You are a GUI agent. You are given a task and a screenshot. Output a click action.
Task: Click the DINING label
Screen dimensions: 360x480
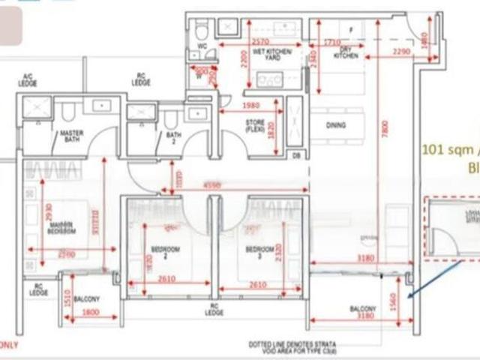tap(335, 126)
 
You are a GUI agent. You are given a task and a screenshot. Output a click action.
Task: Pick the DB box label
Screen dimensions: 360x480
tap(295, 155)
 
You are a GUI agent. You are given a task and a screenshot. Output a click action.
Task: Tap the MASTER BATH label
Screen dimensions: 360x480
tap(71, 136)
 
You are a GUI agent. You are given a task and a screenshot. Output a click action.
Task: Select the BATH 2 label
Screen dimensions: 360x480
tap(172, 136)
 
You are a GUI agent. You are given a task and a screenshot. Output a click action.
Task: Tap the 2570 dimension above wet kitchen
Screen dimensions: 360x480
tap(260, 42)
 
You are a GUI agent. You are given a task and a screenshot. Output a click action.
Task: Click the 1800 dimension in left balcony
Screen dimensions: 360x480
tap(90, 313)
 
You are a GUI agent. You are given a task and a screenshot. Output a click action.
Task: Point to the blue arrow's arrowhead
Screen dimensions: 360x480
tap(407, 298)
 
